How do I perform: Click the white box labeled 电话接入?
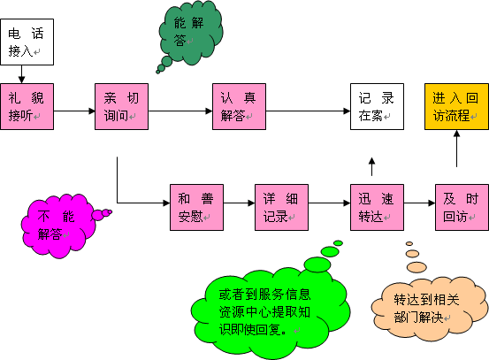(27, 42)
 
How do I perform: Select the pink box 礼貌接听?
(27, 106)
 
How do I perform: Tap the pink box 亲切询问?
(121, 106)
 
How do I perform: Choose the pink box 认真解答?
(239, 106)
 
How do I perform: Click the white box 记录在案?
(377, 106)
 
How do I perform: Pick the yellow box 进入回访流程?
(456, 106)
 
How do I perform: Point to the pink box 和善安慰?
(196, 208)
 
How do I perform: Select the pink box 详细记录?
(281, 208)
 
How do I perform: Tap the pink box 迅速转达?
(377, 208)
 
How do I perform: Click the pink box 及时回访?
(462, 208)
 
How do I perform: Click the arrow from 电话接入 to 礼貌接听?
(21, 74)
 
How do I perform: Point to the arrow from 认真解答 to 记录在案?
(308, 111)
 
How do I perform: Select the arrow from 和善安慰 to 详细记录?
(240, 203)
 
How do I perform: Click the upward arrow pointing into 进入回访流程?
(457, 149)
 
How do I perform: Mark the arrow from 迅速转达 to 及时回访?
(419, 203)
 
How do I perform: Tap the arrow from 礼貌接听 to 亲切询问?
(74, 111)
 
